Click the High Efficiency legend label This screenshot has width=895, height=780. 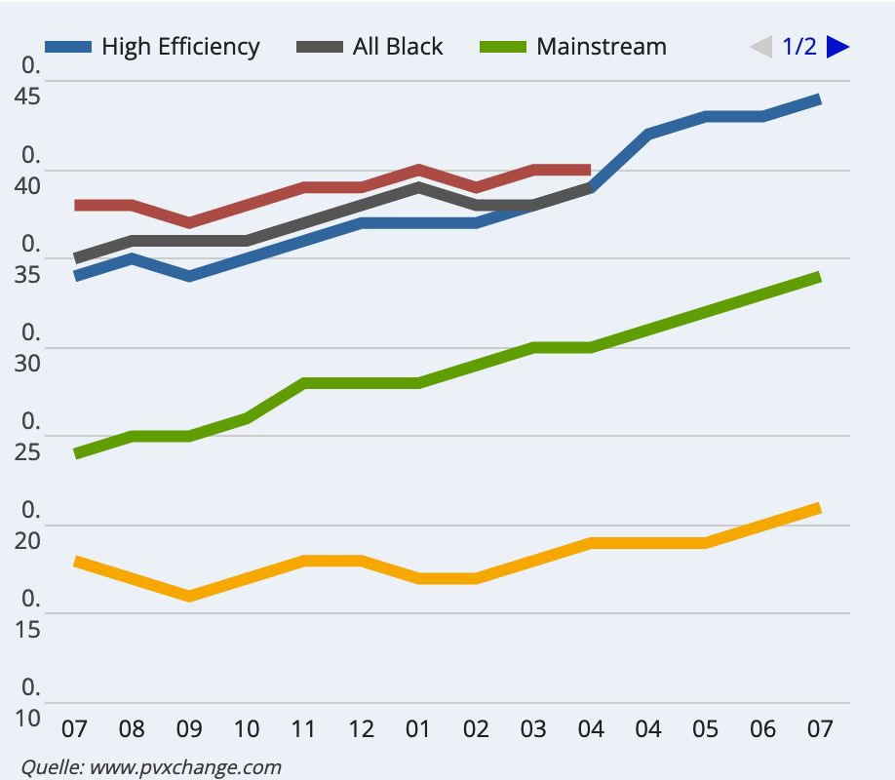coord(180,47)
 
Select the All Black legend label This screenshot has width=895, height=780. coord(398,47)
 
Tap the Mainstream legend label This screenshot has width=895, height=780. coord(602,47)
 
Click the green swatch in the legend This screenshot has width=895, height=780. coord(504,47)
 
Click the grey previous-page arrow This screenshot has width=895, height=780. coord(760,47)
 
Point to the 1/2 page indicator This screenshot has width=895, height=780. coord(799,47)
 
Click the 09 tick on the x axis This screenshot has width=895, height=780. coord(188,729)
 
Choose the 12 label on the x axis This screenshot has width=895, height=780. coord(361,729)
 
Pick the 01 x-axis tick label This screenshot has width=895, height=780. coord(418,729)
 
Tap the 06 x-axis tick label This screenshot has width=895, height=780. coord(762,729)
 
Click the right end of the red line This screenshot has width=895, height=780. coord(589,170)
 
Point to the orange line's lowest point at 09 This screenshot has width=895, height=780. coord(189,595)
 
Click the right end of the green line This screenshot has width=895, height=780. coord(818,278)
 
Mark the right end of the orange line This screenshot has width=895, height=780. coord(818,508)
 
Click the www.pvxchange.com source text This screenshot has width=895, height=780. coord(185,766)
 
